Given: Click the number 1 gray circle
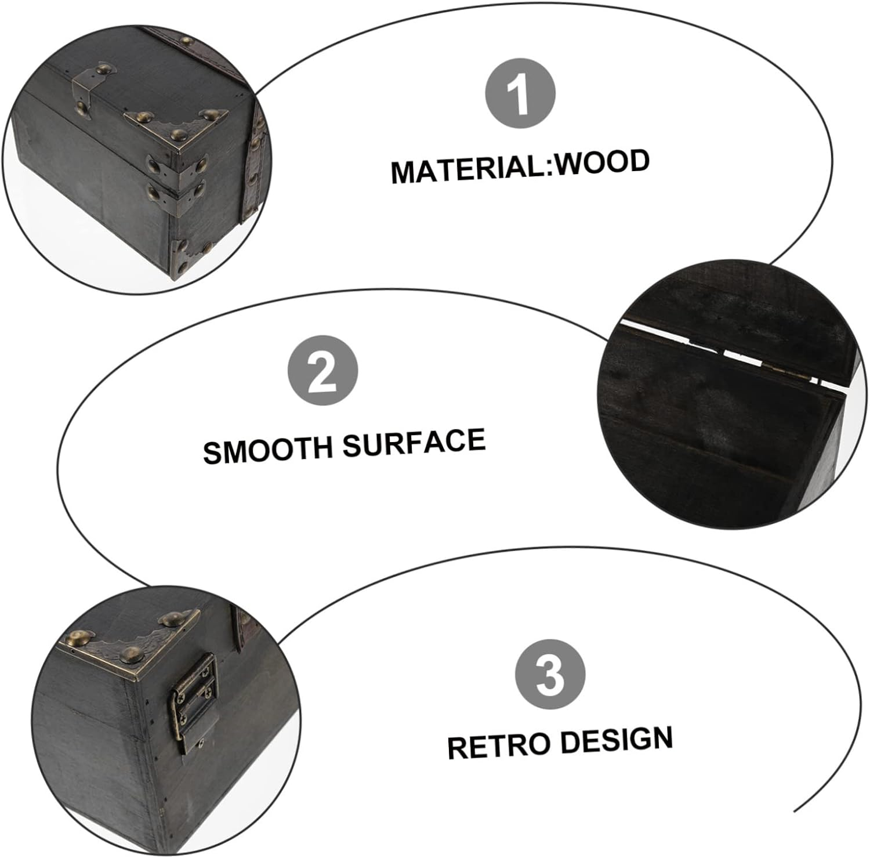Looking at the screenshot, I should tap(520, 93).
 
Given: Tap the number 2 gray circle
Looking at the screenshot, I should tap(323, 371).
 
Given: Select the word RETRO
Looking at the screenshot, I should tap(498, 746).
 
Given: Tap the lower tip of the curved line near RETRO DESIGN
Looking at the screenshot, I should tap(795, 810).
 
